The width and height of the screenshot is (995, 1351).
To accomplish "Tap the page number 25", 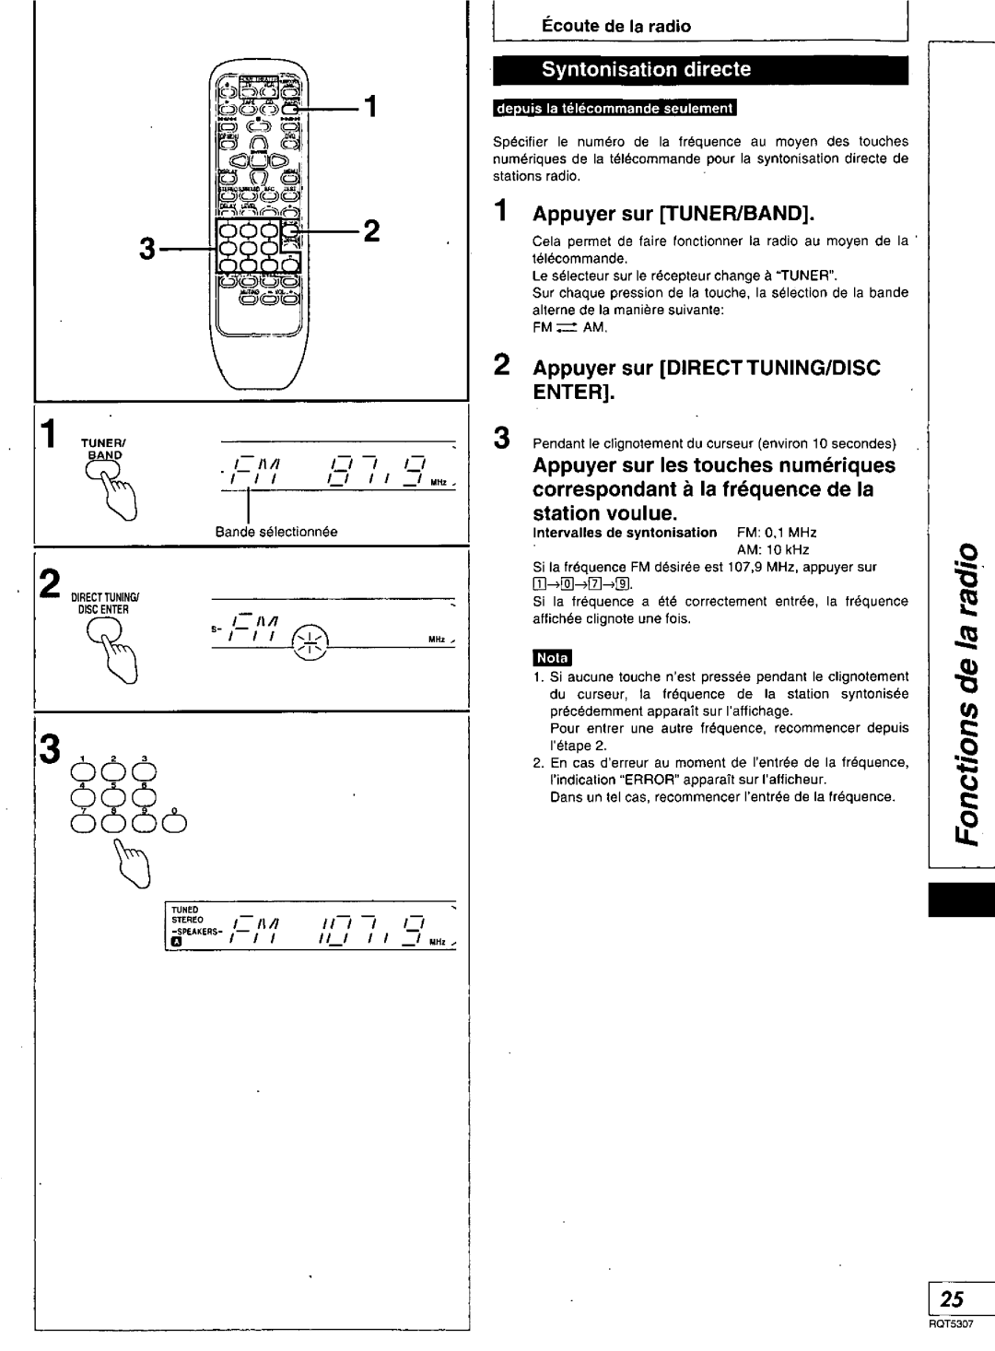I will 953,1299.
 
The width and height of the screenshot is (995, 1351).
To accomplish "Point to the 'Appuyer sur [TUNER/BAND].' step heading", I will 673,215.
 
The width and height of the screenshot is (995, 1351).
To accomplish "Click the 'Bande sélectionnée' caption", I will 276,532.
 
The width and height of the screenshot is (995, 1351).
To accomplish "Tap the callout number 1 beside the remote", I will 369,108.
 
